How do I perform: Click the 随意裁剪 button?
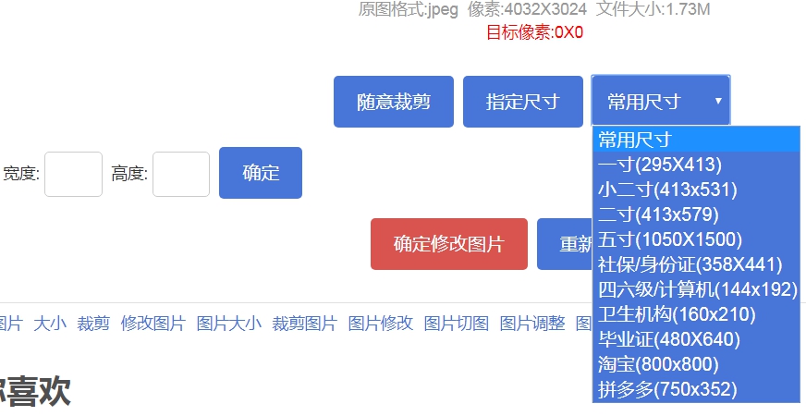coord(394,102)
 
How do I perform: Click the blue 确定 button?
coord(261,173)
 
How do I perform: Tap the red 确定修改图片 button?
coord(449,244)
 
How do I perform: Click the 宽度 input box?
coord(73,174)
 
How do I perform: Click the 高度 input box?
coord(181,174)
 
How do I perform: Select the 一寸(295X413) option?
coord(660,165)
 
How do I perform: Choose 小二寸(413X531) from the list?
coord(667,190)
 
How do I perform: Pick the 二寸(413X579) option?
coord(658,214)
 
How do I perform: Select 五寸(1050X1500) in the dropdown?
coord(670,239)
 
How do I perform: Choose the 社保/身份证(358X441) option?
coord(690,264)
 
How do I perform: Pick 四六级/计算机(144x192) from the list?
coord(697,289)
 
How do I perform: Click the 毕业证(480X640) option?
coord(669,339)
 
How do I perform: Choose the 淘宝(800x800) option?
coord(657,364)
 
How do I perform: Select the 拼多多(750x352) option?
coord(667,389)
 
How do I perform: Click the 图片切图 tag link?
coord(457,324)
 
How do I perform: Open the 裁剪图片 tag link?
coord(305,324)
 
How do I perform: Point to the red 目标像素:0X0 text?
coord(535,32)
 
